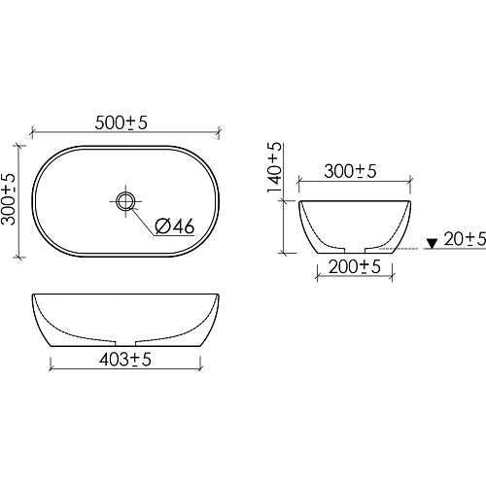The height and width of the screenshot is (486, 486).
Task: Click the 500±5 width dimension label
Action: pos(121,122)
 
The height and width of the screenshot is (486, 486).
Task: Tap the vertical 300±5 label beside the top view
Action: pos(8,199)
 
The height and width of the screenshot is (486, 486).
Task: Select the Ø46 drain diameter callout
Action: pos(175,226)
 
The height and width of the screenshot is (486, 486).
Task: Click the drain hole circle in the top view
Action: pos(125,201)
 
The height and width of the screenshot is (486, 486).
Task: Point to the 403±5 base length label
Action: pos(125,360)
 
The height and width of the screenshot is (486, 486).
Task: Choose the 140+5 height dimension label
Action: pos(275,167)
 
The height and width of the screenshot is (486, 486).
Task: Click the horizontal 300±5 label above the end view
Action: pos(350,171)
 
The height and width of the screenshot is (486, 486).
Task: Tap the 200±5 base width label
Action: pos(355,267)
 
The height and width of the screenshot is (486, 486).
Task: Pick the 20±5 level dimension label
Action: pos(465,239)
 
